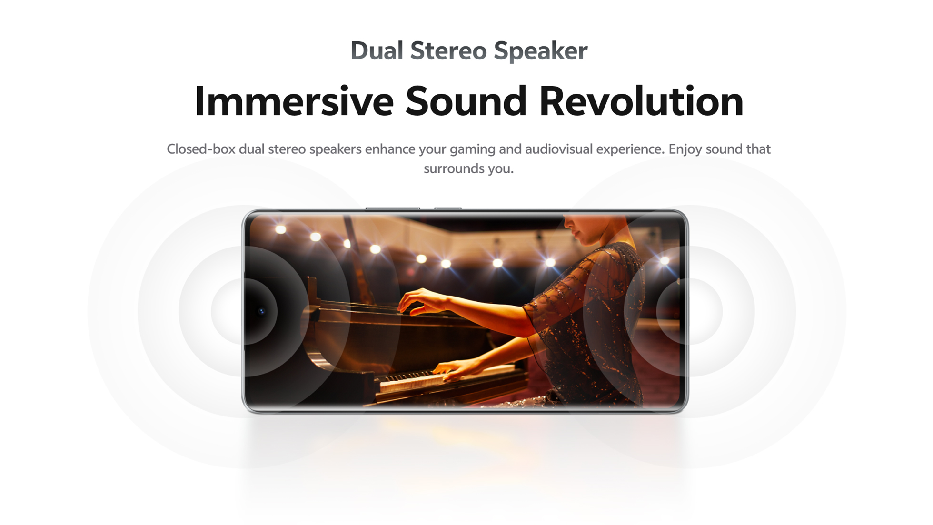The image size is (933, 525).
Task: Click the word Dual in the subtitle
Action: [377, 50]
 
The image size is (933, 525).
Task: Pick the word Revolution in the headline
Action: [641, 101]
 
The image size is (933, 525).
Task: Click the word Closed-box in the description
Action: [201, 149]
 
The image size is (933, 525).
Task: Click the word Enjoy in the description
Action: [685, 150]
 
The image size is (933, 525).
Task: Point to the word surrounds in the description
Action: [452, 168]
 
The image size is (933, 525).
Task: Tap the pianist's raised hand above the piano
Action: [419, 301]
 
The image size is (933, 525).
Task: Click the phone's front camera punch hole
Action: [261, 311]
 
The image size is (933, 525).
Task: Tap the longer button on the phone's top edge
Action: [393, 208]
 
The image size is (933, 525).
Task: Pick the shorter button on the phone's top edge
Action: [447, 208]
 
